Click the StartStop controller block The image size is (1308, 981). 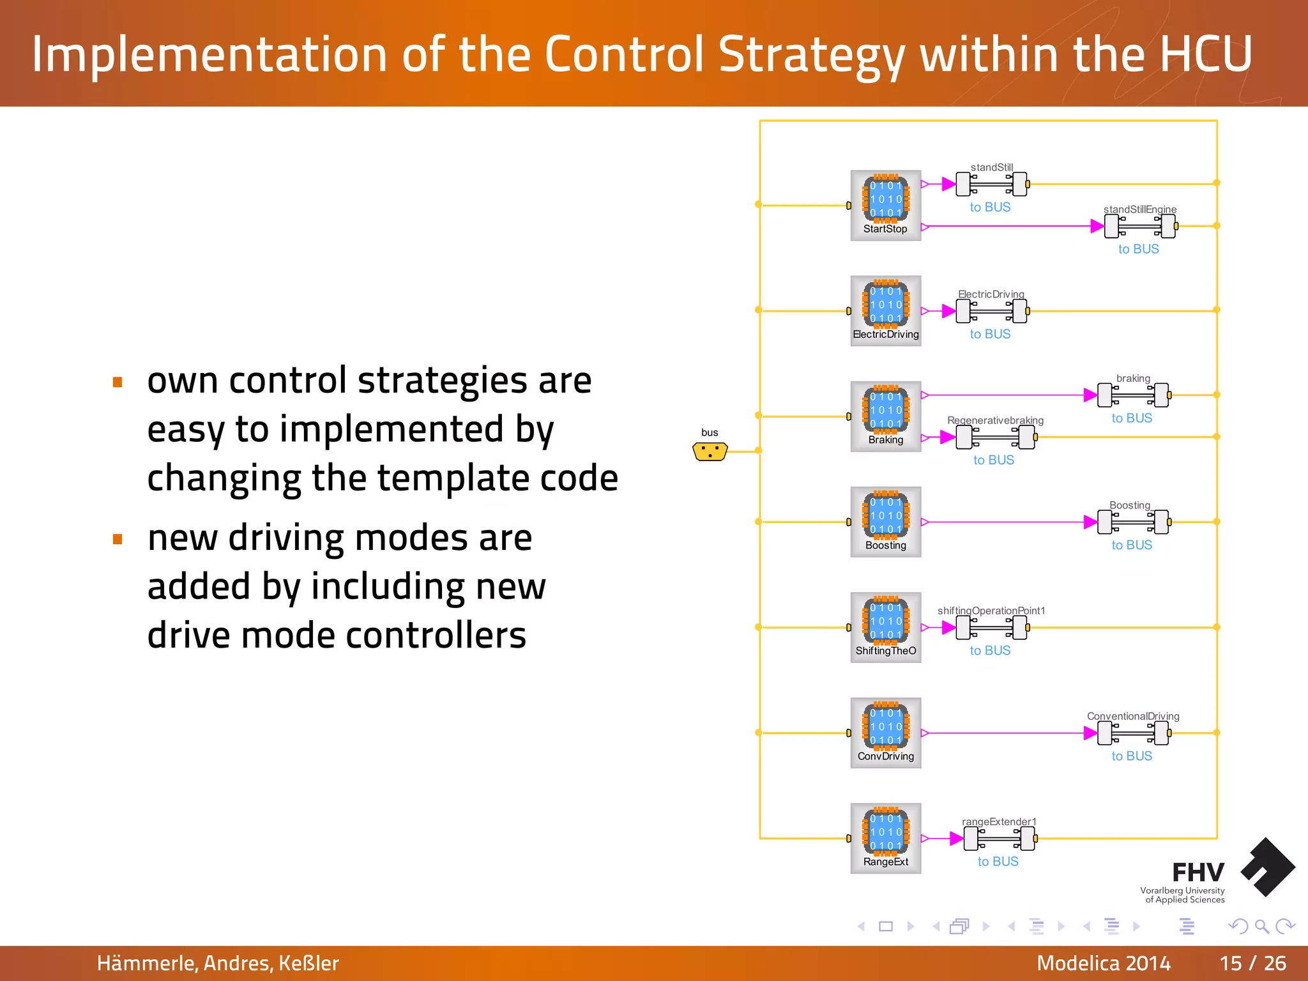[x=885, y=205]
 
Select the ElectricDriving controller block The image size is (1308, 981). [x=885, y=310]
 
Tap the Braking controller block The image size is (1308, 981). [x=885, y=416]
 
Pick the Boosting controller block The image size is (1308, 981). [x=885, y=521]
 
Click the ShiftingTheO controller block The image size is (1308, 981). [x=885, y=627]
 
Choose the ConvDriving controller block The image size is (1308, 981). [x=885, y=732]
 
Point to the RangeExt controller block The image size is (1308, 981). [x=885, y=837]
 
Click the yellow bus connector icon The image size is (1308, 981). [x=710, y=452]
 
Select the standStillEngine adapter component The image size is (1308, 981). [x=1141, y=226]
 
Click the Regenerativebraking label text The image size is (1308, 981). [x=995, y=420]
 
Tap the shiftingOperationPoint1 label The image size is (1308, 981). [x=991, y=611]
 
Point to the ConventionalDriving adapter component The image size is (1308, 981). [x=1134, y=733]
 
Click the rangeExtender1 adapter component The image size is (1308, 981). [x=999, y=838]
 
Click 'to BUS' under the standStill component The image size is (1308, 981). [x=990, y=207]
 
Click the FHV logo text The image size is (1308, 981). [x=1198, y=872]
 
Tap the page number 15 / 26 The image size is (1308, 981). [x=1252, y=963]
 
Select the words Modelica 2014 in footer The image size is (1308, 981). [x=1103, y=963]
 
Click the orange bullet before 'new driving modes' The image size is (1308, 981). [x=118, y=539]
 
